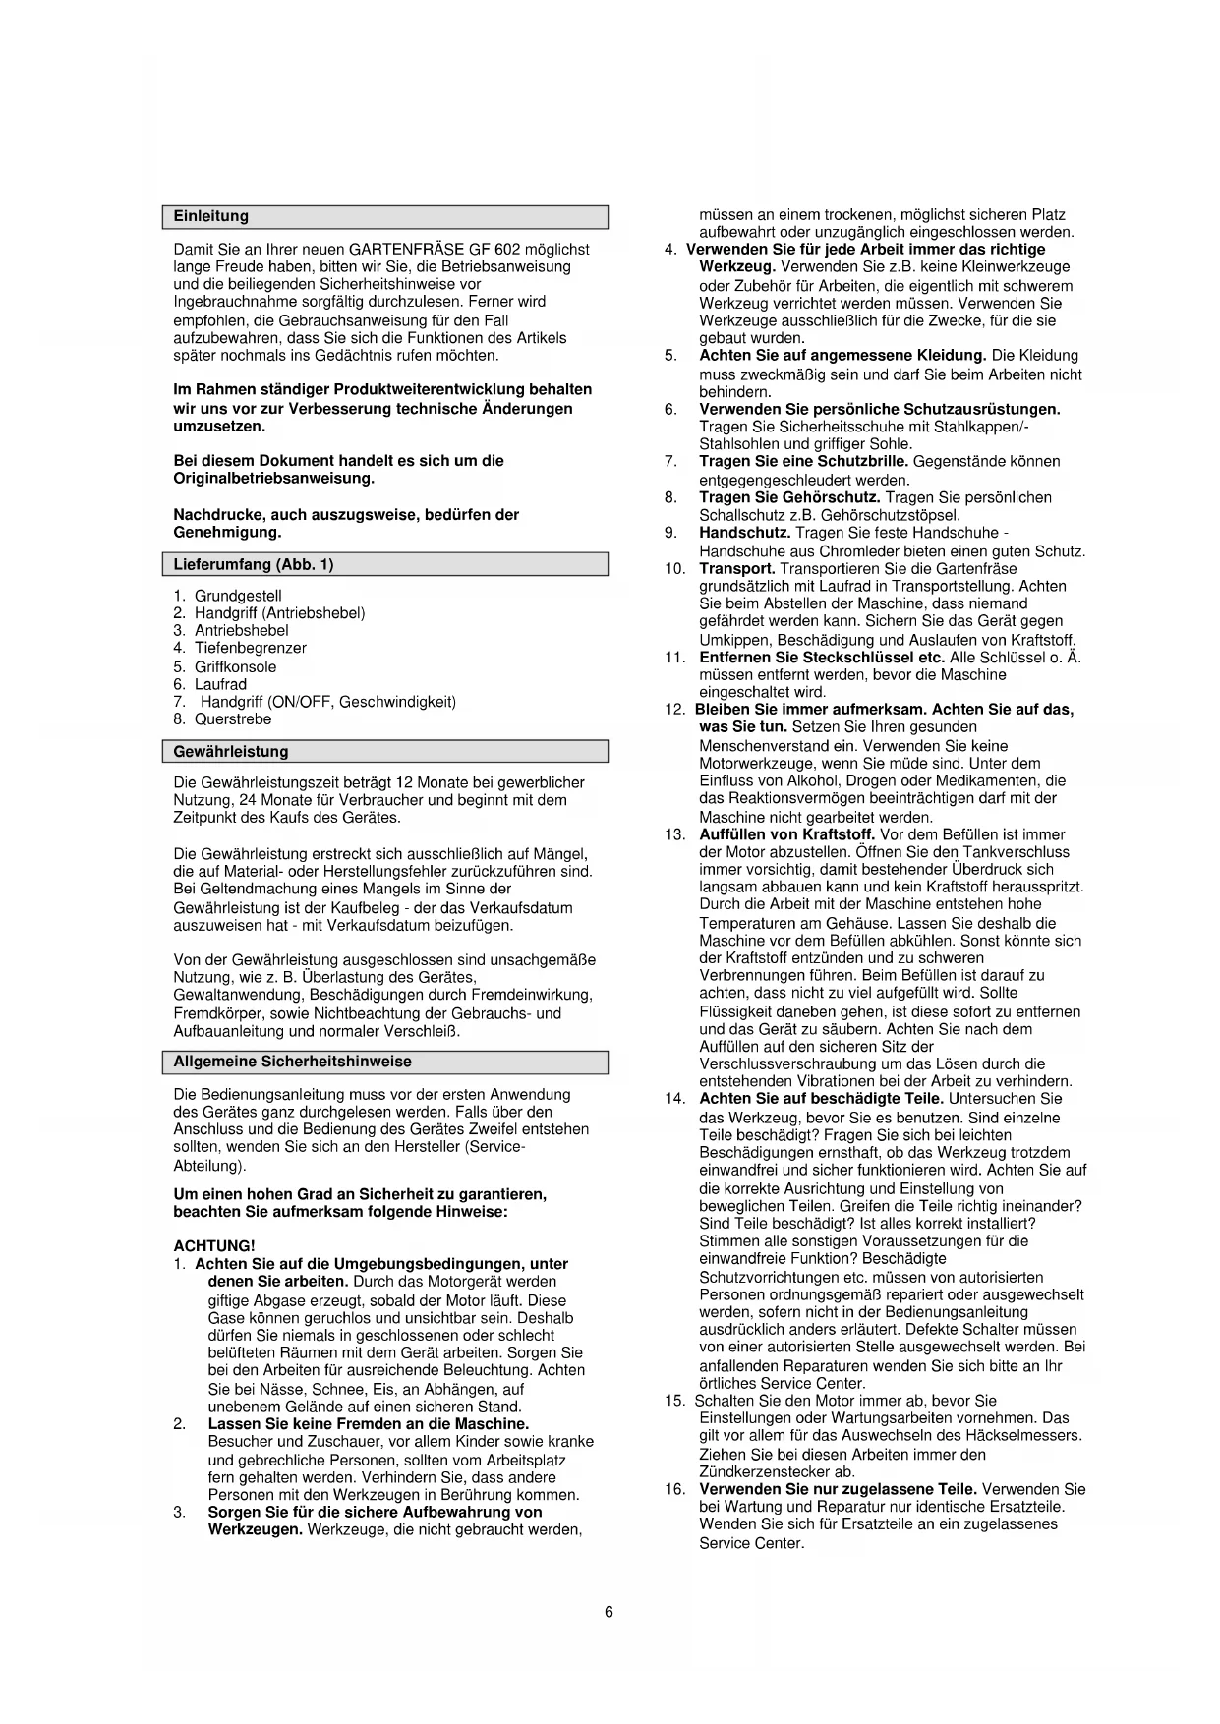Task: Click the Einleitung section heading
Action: (x=210, y=216)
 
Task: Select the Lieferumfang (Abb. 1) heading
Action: (x=253, y=564)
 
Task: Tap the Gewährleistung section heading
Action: (x=230, y=752)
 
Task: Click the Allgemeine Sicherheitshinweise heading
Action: (x=292, y=1062)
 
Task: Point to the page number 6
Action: (x=609, y=1612)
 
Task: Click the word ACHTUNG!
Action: (x=213, y=1246)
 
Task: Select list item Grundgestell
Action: (x=238, y=596)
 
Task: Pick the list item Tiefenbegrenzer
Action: (x=250, y=648)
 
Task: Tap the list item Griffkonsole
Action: (x=235, y=666)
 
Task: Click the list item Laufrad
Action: (x=220, y=684)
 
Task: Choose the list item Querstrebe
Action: (x=232, y=718)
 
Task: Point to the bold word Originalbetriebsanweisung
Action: (x=273, y=479)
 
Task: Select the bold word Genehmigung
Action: (x=227, y=532)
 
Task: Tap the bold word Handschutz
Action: (x=744, y=533)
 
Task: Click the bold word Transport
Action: (x=736, y=569)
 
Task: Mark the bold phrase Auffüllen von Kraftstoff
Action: (x=786, y=834)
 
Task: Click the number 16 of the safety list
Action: (x=674, y=1489)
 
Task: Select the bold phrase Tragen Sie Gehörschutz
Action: (x=789, y=497)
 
